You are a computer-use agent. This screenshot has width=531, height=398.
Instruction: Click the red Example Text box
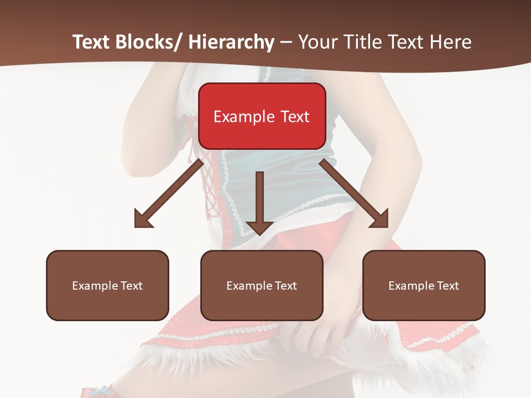262,116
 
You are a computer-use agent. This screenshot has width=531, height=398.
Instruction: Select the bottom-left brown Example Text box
107,285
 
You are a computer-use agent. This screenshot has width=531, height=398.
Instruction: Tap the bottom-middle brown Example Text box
262,285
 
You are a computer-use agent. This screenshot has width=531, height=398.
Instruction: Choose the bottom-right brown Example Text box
424,285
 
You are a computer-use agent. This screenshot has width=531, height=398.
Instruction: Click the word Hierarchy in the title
231,42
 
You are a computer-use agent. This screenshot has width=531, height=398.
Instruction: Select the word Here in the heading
452,42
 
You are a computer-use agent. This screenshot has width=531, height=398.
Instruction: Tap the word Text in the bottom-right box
447,286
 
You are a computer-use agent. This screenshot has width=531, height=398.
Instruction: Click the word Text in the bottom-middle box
285,286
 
